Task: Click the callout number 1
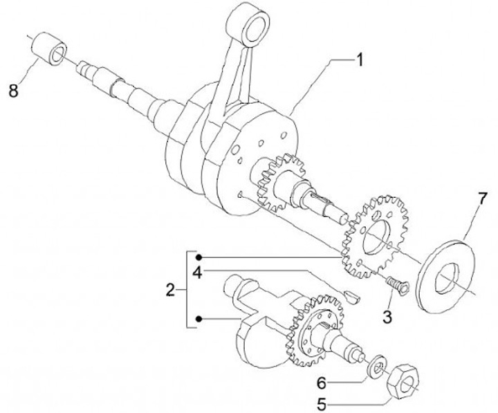[x=359, y=59]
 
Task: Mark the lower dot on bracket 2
[x=199, y=319]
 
